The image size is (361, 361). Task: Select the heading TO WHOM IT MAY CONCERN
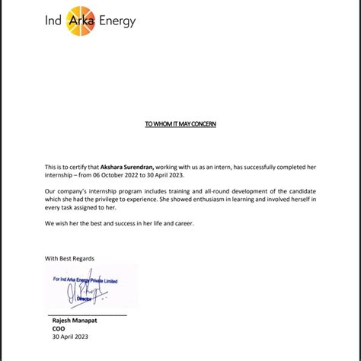180,123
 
